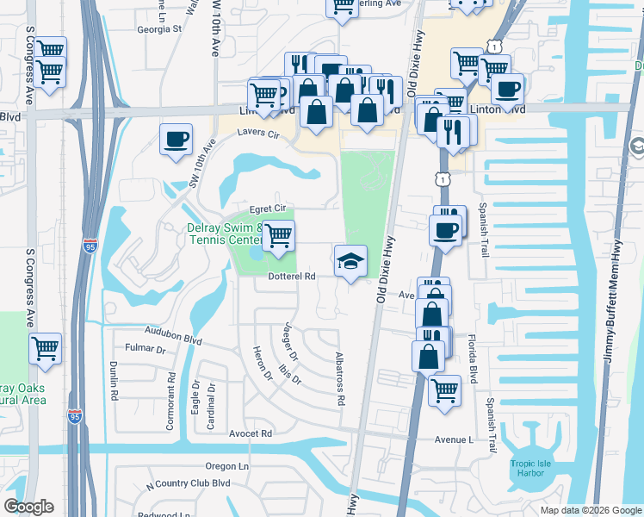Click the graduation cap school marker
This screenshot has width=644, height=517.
(x=350, y=262)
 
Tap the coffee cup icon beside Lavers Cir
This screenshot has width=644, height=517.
(x=176, y=140)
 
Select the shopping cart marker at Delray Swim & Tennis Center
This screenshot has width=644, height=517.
(x=277, y=237)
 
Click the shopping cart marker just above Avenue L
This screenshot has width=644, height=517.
(x=444, y=390)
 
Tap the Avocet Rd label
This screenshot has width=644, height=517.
(x=251, y=433)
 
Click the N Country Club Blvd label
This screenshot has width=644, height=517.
(x=189, y=483)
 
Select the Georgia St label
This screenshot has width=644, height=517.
(x=159, y=28)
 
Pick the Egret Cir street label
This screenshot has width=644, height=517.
(x=267, y=209)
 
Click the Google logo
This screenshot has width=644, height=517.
(x=28, y=507)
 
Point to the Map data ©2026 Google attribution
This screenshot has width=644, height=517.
(x=590, y=510)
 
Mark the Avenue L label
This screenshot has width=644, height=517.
(x=455, y=439)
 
